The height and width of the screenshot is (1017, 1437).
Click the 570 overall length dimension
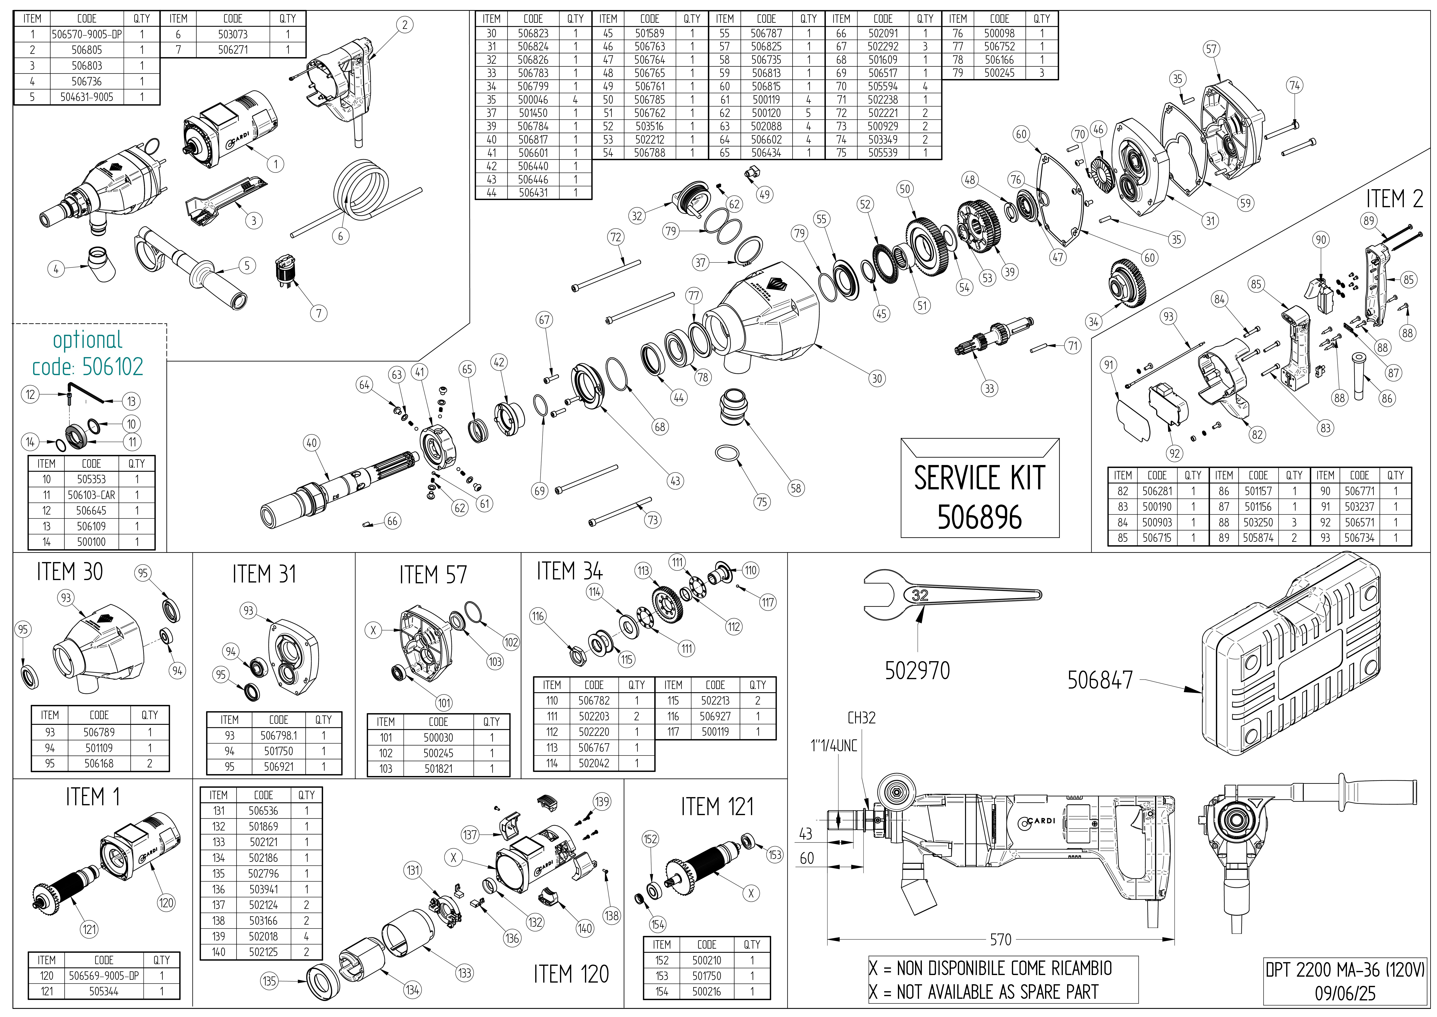(1000, 939)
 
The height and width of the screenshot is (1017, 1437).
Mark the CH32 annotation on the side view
(861, 718)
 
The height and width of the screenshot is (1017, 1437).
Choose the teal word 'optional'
(88, 340)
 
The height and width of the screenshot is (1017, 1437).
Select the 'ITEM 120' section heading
(571, 974)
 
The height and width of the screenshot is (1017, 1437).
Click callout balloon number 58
(796, 488)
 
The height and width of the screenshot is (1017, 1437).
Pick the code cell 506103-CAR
(91, 495)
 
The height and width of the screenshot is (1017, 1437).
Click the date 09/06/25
(1344, 993)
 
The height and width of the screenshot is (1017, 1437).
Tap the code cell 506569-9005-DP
(104, 976)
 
